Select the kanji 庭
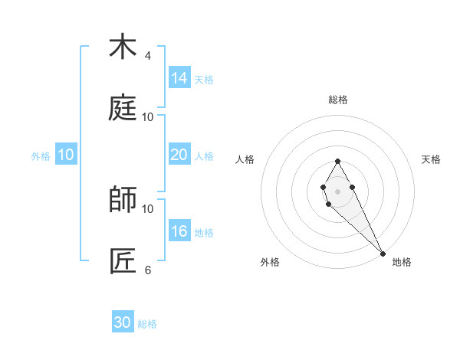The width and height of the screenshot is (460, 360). (122, 108)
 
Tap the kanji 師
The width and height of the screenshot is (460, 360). (122, 200)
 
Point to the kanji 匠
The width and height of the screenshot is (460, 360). (122, 261)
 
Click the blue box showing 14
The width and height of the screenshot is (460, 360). (179, 78)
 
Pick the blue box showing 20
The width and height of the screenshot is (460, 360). (179, 155)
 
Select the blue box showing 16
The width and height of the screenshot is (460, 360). (179, 231)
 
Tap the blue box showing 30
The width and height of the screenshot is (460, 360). (123, 322)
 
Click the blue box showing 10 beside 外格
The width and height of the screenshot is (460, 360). (66, 155)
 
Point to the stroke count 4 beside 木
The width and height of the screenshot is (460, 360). (148, 56)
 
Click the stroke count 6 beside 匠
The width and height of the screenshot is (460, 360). (148, 270)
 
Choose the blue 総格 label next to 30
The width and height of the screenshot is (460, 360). (147, 324)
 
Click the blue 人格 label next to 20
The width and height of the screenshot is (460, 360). (204, 156)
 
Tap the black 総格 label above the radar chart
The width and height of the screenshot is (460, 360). (337, 100)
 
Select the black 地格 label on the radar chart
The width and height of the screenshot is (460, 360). (402, 262)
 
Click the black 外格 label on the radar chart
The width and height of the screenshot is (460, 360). (270, 262)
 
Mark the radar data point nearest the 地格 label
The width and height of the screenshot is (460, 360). (383, 253)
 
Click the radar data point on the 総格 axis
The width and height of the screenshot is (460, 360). (337, 161)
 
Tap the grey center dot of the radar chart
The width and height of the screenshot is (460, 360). (337, 191)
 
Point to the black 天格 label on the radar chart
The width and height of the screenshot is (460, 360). (432, 159)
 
